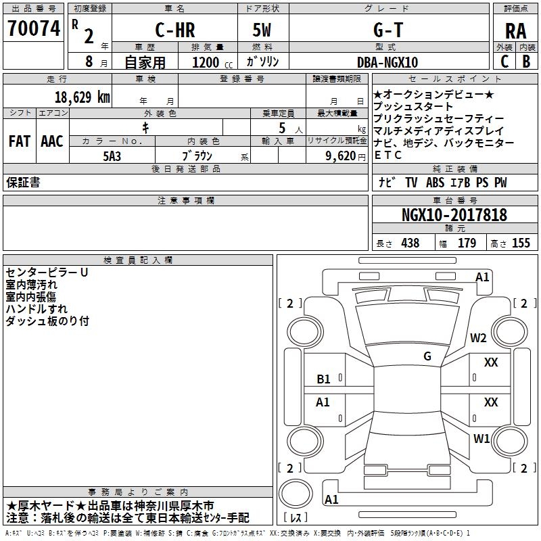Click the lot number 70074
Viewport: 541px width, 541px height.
tap(34, 28)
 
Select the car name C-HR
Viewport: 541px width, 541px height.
tap(175, 30)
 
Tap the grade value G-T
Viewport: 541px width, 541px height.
tap(388, 30)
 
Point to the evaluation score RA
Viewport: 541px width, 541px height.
tap(515, 31)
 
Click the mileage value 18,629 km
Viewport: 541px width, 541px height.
tap(82, 97)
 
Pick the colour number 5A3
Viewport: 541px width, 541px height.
tap(112, 156)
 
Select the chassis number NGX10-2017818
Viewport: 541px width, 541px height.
tap(454, 215)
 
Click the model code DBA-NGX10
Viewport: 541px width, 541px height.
tap(387, 62)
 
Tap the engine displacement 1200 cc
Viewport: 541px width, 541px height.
tap(212, 62)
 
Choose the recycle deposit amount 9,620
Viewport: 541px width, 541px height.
tap(341, 156)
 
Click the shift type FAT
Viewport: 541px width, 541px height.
tap(20, 141)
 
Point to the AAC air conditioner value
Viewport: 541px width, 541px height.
tap(52, 141)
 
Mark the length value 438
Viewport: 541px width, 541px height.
tap(410, 243)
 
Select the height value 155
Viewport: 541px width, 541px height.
tap(521, 243)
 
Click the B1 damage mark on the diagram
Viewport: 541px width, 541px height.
tap(323, 379)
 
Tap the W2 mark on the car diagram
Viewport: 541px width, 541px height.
tap(478, 338)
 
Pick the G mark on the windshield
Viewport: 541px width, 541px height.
tap(427, 356)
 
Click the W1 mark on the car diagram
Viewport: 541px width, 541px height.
tap(481, 438)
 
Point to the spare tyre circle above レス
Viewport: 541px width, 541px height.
tap(296, 494)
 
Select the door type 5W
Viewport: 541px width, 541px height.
tap(262, 30)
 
